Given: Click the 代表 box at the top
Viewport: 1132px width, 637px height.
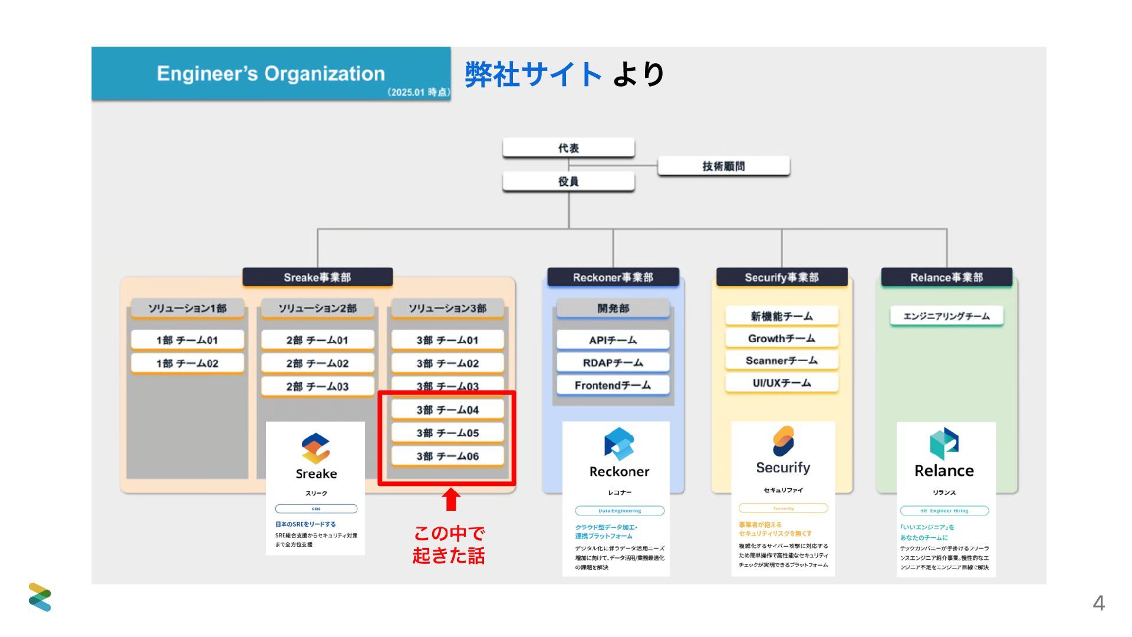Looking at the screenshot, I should tap(568, 148).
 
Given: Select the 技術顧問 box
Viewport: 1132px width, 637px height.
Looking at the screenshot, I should tap(723, 166).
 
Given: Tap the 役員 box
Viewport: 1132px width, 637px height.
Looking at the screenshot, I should tap(568, 182).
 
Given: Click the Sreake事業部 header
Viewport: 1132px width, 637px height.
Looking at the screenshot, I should tap(317, 277).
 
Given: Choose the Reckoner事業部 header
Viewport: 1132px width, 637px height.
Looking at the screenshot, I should tap(613, 277).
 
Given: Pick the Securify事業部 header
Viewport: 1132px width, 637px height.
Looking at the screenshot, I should tap(781, 277).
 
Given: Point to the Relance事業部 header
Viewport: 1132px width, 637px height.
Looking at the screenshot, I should tap(946, 277).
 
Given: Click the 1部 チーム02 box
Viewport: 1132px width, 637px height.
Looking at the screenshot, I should tap(187, 363).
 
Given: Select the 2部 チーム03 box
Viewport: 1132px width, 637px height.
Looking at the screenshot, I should tap(317, 386).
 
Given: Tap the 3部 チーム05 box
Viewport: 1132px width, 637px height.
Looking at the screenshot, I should tap(447, 433).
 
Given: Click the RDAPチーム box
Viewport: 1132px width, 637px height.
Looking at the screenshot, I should tap(613, 363).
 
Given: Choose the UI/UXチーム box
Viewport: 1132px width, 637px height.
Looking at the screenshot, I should tap(781, 383).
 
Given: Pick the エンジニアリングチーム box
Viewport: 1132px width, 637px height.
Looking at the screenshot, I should tap(946, 316).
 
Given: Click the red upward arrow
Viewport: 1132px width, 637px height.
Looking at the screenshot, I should tap(451, 499).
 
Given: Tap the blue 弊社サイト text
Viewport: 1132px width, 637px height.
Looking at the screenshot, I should tap(533, 75).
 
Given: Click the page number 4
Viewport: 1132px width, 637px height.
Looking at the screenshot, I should tap(1098, 603).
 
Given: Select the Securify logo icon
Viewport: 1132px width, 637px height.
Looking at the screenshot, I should tap(783, 441).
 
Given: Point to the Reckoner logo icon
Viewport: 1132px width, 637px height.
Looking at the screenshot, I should tap(618, 444).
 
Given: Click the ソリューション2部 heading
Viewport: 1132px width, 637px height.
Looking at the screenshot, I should tap(317, 308).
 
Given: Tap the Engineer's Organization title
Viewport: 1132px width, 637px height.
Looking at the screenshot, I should tap(271, 74).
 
